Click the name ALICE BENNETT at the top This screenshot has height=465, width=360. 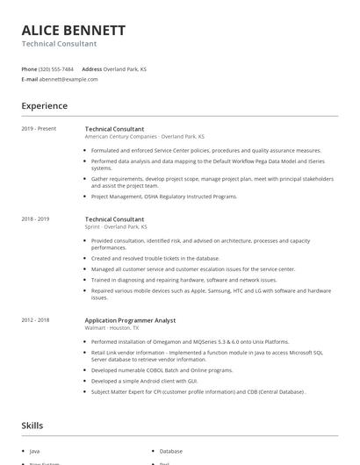click(74, 30)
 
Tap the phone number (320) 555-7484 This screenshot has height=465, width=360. click(56, 68)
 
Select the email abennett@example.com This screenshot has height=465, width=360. click(68, 79)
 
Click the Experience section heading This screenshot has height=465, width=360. click(45, 106)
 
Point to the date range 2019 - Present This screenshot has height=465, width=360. click(39, 129)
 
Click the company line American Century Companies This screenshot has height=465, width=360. click(145, 137)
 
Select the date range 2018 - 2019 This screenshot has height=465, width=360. click(35, 218)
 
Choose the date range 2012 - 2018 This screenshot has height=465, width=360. click(35, 320)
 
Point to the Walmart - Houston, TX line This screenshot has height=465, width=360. click(112, 328)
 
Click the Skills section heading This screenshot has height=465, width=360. click(32, 426)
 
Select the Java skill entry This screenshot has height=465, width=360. click(35, 450)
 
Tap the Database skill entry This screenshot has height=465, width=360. click(171, 450)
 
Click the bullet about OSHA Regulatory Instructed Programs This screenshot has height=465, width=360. click(164, 197)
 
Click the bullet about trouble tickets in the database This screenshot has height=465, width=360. click(155, 259)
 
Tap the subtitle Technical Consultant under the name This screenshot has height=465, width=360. click(59, 44)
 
